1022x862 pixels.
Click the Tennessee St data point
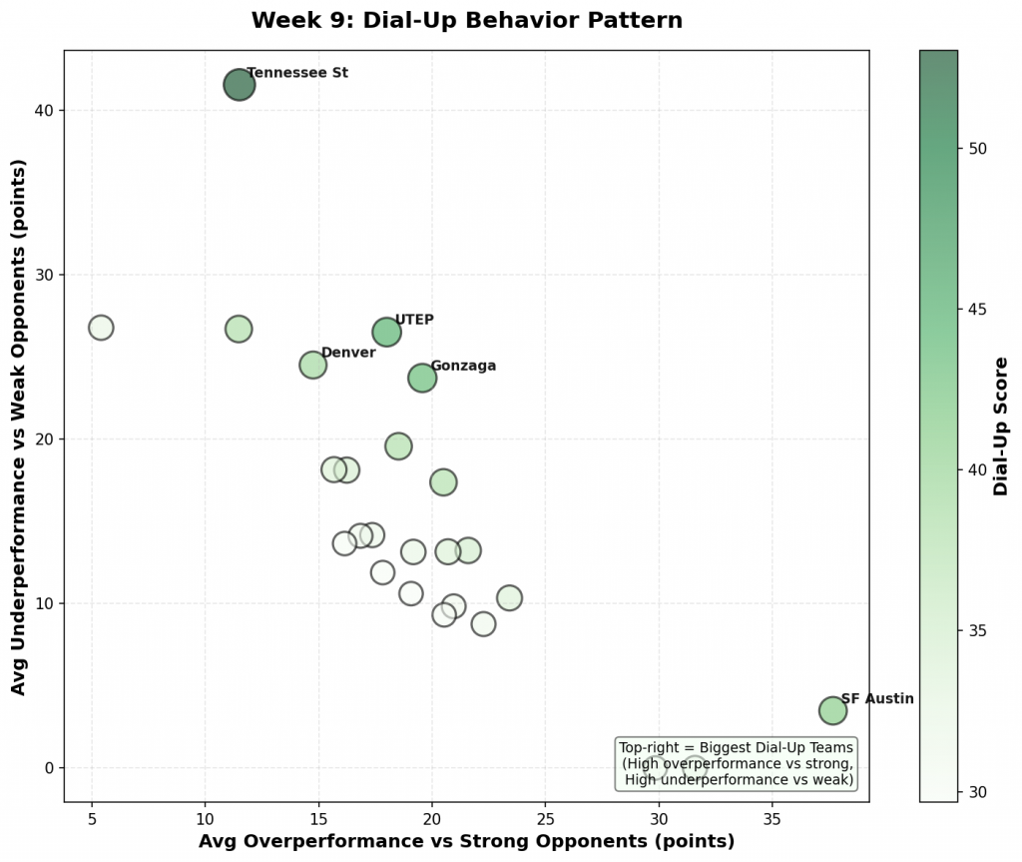click(x=239, y=85)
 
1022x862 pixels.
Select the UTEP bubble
click(x=386, y=332)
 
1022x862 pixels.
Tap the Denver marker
click(x=313, y=365)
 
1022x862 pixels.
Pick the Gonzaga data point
click(x=422, y=378)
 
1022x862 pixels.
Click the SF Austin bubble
click(x=832, y=710)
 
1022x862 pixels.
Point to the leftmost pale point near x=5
click(x=101, y=328)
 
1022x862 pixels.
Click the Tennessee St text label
click(x=296, y=73)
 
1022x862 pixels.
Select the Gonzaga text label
click(x=462, y=366)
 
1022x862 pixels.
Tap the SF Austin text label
click(x=876, y=699)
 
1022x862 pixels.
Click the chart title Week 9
click(x=466, y=20)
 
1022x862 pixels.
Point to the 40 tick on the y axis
click(x=47, y=110)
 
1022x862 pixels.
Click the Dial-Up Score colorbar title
click(x=1001, y=427)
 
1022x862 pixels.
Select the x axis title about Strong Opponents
click(x=466, y=841)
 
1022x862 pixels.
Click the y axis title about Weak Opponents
click(x=18, y=427)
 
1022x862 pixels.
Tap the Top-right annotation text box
click(x=737, y=763)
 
